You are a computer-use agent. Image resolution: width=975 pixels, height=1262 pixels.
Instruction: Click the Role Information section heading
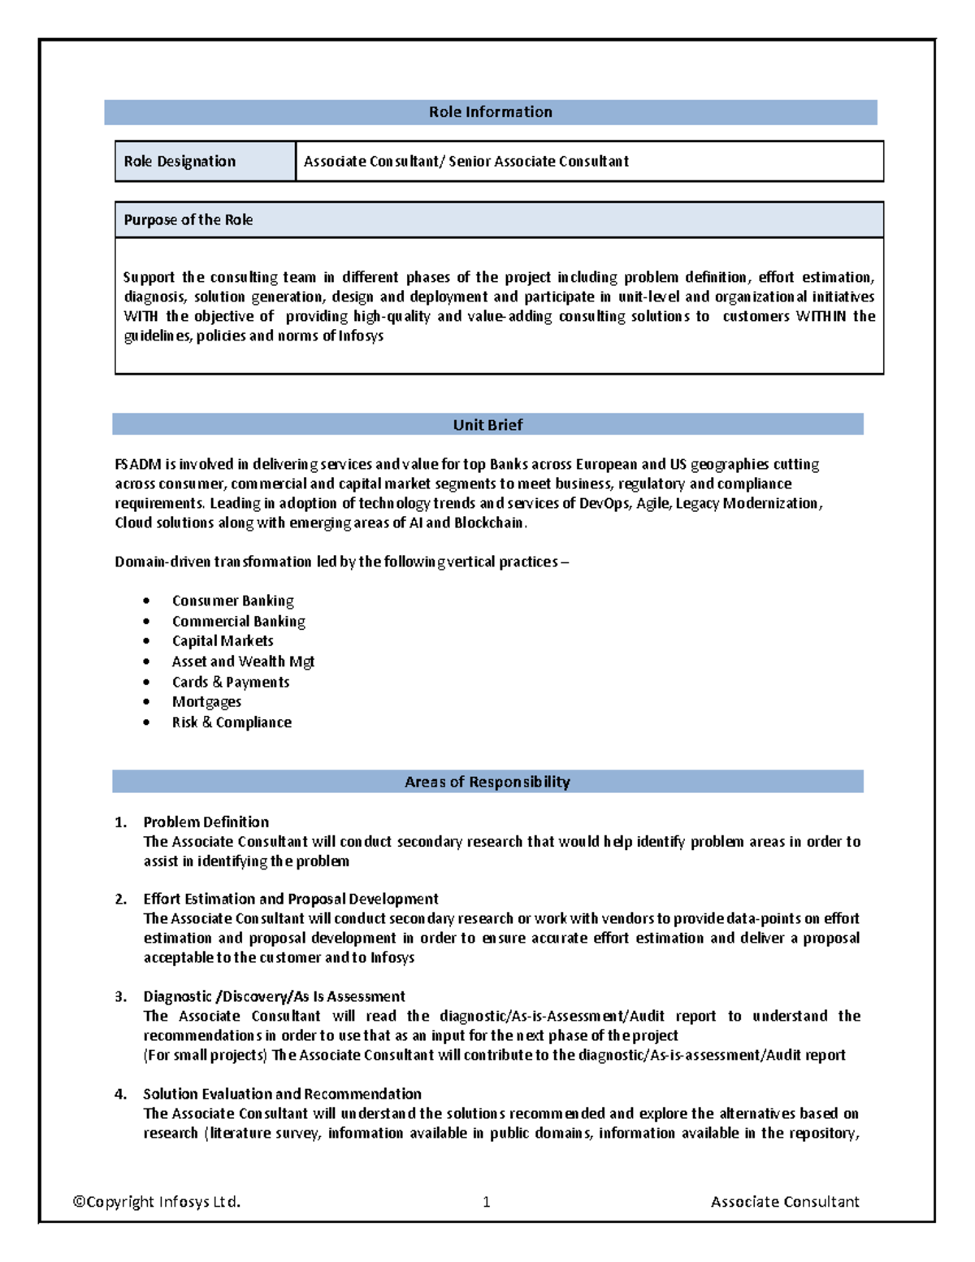(490, 112)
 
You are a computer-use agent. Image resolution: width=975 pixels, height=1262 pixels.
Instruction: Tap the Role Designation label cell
(180, 161)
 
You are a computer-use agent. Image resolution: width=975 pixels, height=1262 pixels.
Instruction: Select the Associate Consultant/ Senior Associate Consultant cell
(466, 161)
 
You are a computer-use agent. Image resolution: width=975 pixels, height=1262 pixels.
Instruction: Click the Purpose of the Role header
(188, 219)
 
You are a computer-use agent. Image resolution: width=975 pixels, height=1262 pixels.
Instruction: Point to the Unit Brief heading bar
(487, 424)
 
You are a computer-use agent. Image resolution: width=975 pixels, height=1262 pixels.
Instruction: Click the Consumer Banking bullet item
(232, 601)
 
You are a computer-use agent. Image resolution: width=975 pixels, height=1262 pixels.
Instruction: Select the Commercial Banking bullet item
(238, 621)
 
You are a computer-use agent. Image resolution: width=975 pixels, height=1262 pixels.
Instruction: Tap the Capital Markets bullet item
(223, 640)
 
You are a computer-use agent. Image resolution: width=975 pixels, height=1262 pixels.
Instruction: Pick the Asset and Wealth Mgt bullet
(243, 661)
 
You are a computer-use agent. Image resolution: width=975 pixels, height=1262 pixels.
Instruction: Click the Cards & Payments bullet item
(231, 682)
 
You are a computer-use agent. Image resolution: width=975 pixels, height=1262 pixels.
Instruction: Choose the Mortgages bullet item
(206, 701)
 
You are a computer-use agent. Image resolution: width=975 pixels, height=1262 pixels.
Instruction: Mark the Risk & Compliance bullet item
(232, 722)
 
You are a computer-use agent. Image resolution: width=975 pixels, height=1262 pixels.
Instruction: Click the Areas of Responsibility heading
(487, 782)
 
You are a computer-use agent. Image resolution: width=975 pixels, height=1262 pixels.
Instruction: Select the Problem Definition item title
(206, 822)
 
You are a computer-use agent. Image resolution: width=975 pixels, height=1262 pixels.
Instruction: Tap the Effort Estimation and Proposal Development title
(290, 899)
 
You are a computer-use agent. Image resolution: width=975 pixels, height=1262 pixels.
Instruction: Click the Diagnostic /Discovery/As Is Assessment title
(274, 996)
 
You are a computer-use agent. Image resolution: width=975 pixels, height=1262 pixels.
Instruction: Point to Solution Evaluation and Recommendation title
(282, 1094)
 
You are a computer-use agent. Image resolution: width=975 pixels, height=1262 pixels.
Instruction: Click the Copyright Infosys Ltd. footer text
(157, 1201)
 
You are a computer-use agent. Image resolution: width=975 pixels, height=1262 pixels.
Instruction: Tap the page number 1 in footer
(486, 1202)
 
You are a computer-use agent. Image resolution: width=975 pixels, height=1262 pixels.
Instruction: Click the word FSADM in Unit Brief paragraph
(137, 464)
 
